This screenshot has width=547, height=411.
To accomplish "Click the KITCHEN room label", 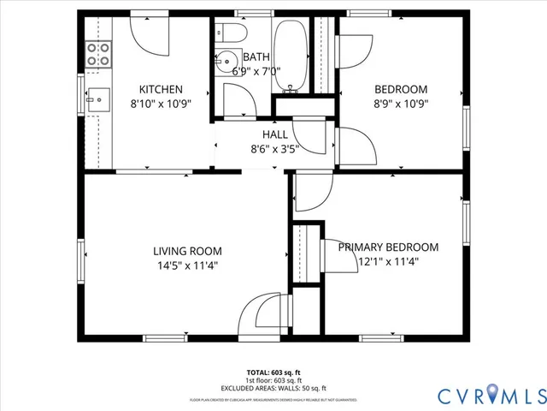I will pos(161,88).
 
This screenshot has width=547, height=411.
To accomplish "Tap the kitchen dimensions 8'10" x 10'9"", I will pos(161,103).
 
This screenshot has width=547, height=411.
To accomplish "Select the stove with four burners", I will pos(99,55).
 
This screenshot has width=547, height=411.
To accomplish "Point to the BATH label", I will pos(256,57).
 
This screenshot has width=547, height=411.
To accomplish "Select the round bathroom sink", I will pos(227,62).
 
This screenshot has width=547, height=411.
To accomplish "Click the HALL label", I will pos(274,134).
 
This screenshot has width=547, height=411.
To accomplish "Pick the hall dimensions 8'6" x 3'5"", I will pos(274,148).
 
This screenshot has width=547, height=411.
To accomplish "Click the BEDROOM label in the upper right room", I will pos(401,88).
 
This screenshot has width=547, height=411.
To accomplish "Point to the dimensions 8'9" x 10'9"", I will pos(401,103).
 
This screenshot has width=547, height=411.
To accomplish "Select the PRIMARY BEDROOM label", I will pos(388,247).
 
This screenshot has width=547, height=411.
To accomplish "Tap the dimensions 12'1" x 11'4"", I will pos(388,262).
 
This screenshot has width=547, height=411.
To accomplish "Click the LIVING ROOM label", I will pos(187,251).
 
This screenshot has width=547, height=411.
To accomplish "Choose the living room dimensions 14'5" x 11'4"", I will pos(187,265).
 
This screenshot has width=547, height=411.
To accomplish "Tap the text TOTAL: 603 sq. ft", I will pos(274,372).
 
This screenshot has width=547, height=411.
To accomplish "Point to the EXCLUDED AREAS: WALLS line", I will pos(274,387).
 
